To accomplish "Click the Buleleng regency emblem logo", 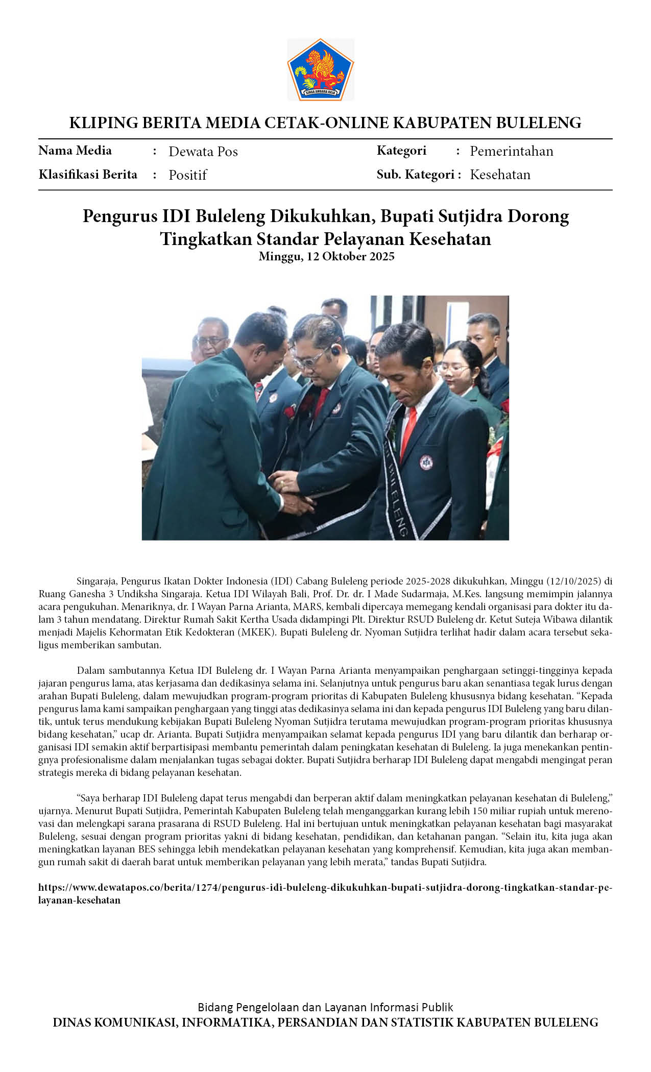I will tap(320, 69).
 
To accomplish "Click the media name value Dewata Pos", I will tap(203, 152).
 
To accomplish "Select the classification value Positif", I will tap(187, 175).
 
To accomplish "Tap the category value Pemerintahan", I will tap(511, 151).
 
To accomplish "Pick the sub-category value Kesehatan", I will tap(500, 175).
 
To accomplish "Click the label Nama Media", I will tap(75, 151).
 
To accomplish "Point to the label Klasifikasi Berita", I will tap(88, 175).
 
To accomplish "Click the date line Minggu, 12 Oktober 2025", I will tap(326, 256).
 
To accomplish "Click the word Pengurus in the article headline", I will tap(120, 216).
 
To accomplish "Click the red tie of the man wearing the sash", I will tap(408, 431).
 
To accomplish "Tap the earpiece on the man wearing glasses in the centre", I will tap(335, 351).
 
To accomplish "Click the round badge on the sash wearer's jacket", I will tap(426, 462).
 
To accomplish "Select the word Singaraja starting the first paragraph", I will tap(97, 581).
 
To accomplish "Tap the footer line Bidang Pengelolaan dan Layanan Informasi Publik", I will tap(325, 1007).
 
